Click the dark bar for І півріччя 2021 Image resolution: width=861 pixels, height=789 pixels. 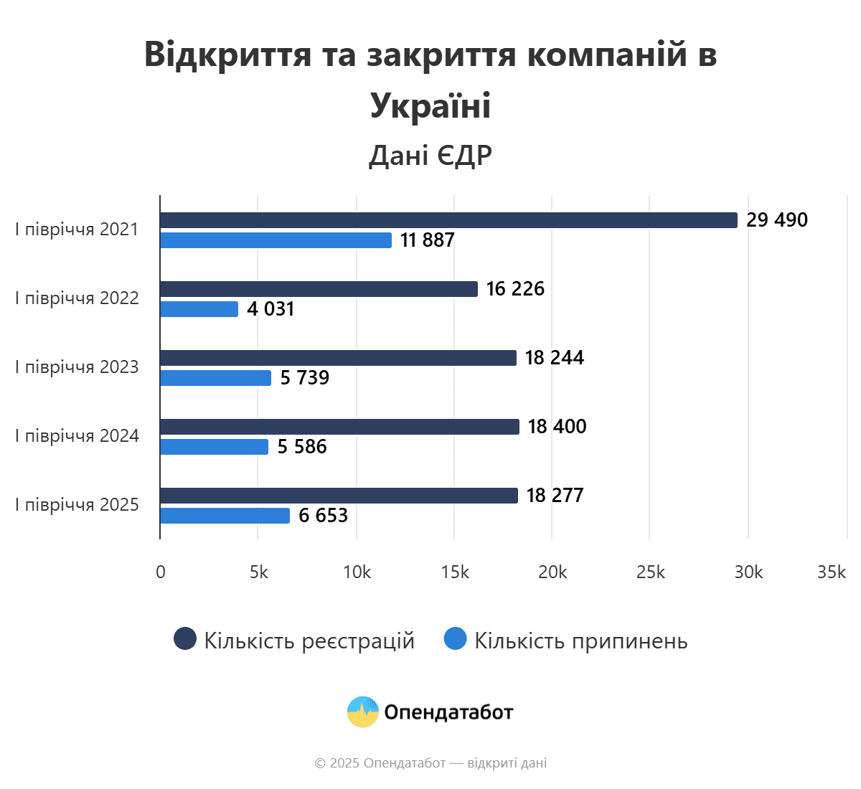point(448,220)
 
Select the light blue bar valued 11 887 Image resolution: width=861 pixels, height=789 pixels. point(276,240)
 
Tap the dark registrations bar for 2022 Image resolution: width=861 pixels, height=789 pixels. point(319,289)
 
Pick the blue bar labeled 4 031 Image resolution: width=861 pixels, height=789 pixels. point(199,309)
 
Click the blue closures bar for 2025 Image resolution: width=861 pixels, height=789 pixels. point(225,516)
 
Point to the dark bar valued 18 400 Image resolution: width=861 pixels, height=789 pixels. point(339,427)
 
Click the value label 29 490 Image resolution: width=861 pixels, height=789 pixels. point(776,220)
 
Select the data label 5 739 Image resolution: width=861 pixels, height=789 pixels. point(304,378)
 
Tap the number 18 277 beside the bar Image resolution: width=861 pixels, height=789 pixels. point(555,496)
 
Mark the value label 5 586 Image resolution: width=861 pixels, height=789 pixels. point(301,447)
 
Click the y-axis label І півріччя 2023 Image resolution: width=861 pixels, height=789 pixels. point(77,367)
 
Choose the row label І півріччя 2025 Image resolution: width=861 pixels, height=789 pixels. point(77,505)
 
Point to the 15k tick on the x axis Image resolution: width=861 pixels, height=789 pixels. point(455,572)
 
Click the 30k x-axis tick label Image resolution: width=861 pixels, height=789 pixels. point(748,572)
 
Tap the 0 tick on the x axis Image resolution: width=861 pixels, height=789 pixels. point(160,572)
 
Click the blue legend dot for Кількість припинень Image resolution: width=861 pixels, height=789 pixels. point(456,639)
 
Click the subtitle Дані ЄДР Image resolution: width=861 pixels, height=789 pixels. point(430,155)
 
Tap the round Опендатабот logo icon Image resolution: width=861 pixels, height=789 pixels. point(363,712)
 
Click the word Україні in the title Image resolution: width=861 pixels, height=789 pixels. point(430,105)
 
